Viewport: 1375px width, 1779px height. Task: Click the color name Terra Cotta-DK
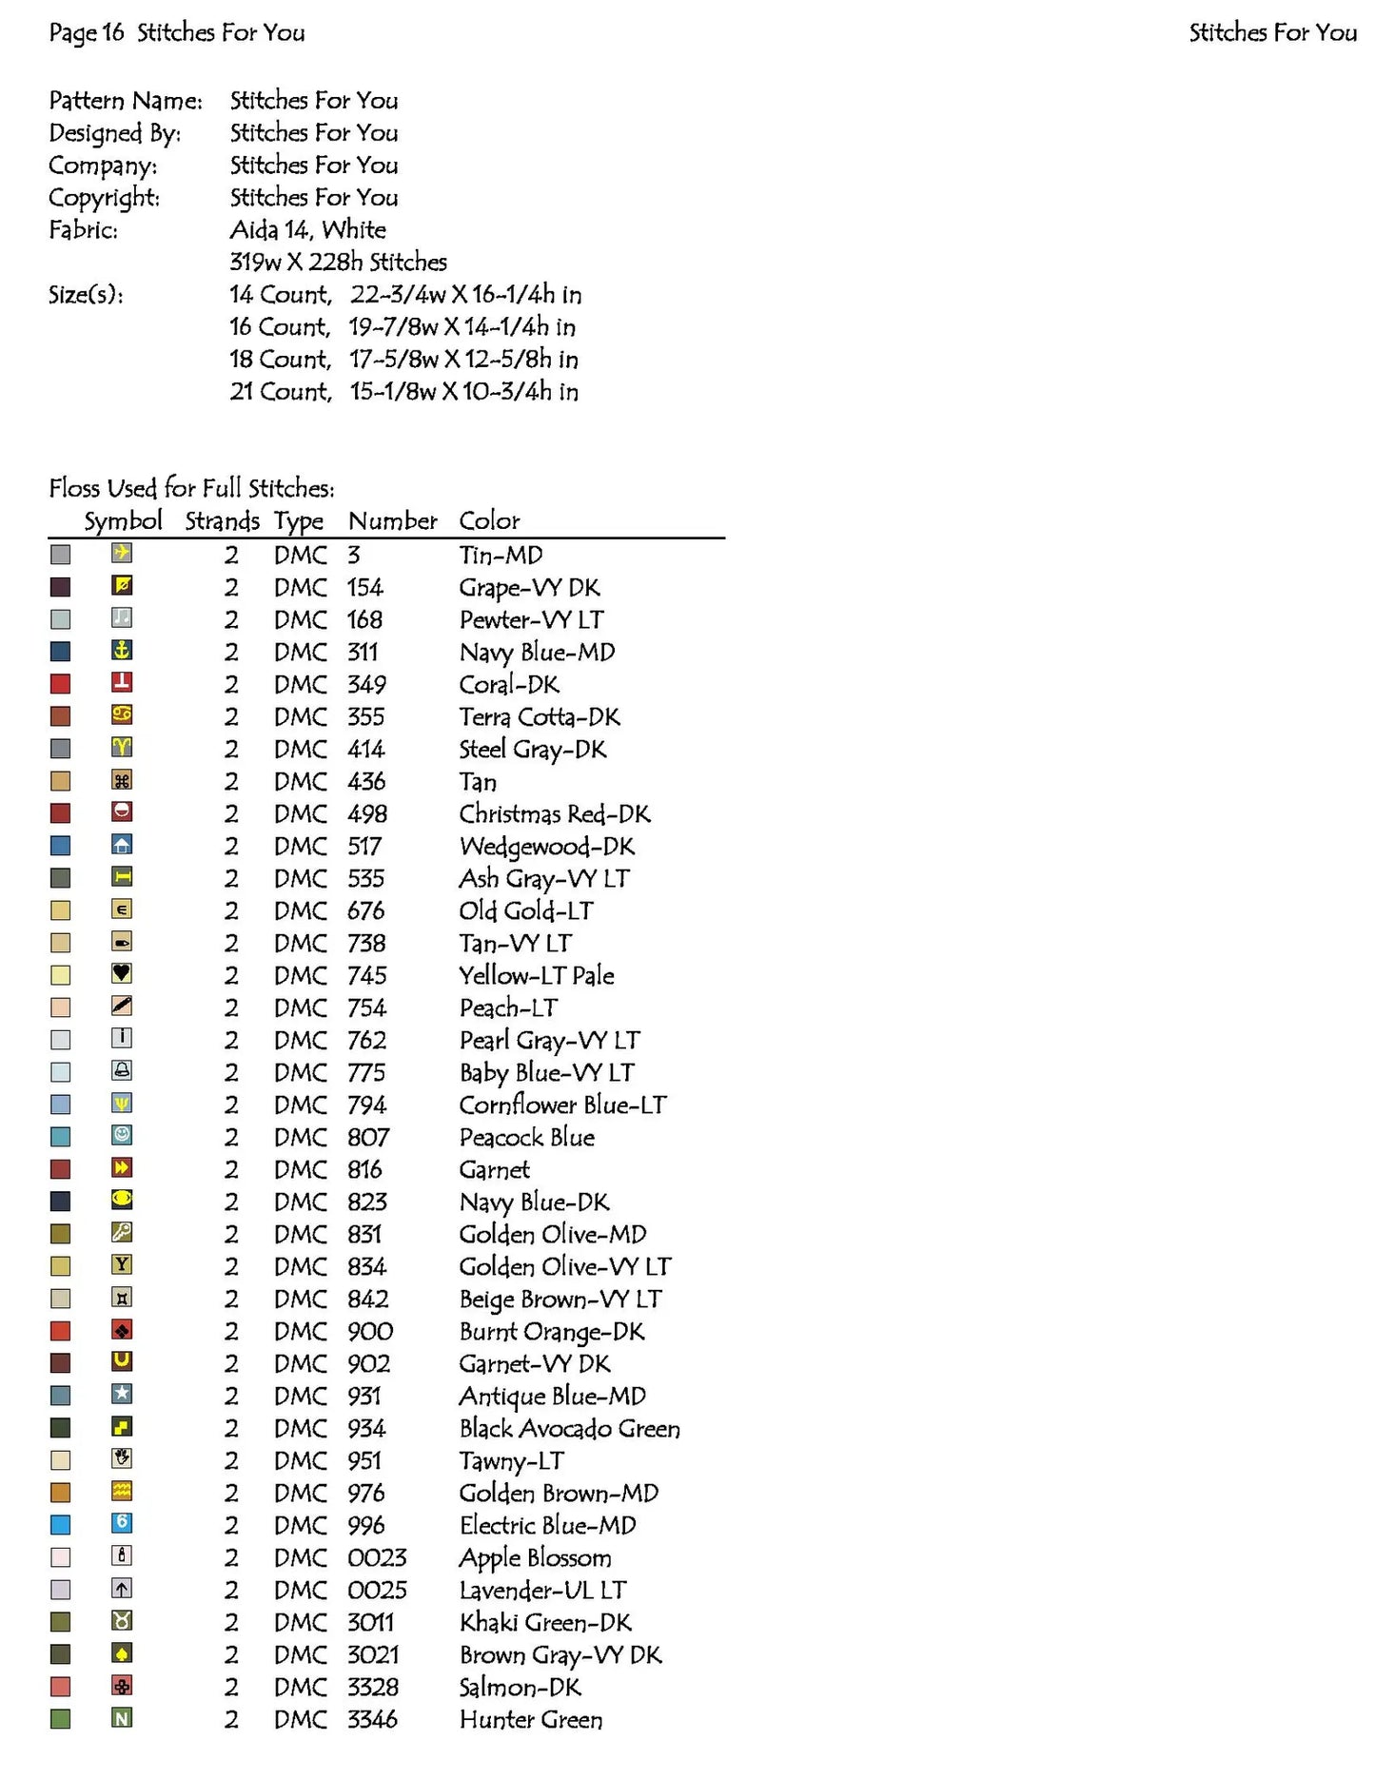click(x=539, y=716)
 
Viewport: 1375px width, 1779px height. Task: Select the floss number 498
click(x=366, y=813)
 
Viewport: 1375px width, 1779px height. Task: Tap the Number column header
click(x=392, y=520)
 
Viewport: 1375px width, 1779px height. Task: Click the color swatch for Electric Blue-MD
click(x=60, y=1525)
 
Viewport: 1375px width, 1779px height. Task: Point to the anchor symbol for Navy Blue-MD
click(x=122, y=651)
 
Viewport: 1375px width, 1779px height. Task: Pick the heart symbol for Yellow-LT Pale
click(x=122, y=973)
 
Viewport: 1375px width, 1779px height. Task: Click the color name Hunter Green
click(x=530, y=1719)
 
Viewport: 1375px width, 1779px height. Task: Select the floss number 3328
click(x=372, y=1687)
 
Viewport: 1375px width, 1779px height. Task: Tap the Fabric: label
click(x=84, y=229)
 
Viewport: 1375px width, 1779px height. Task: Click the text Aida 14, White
click(x=307, y=229)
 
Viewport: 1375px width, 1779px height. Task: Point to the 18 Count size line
click(x=403, y=359)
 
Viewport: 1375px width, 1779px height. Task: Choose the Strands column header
click(x=222, y=520)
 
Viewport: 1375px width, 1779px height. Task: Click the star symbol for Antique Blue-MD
click(x=122, y=1395)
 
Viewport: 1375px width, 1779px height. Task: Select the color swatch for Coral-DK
click(x=60, y=684)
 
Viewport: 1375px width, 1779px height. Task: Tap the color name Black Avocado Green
click(x=569, y=1428)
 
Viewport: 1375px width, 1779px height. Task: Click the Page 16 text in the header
click(x=87, y=32)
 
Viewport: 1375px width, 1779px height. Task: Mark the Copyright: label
click(x=105, y=197)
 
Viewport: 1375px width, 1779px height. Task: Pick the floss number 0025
click(x=377, y=1590)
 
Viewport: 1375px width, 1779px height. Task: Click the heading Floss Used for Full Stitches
click(x=191, y=488)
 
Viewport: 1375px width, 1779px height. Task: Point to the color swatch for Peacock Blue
click(x=60, y=1137)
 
